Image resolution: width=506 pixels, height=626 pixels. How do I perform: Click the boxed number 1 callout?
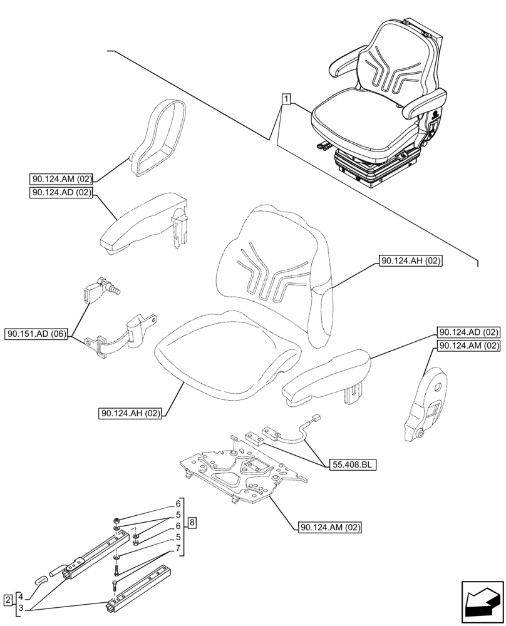tap(286, 99)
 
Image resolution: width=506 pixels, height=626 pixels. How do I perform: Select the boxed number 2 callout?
tap(7, 600)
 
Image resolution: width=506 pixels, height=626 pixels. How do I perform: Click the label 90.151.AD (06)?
tap(36, 334)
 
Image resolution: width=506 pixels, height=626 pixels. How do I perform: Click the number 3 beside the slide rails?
tap(20, 607)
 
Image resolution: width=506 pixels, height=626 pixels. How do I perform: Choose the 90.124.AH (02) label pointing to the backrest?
tap(411, 262)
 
